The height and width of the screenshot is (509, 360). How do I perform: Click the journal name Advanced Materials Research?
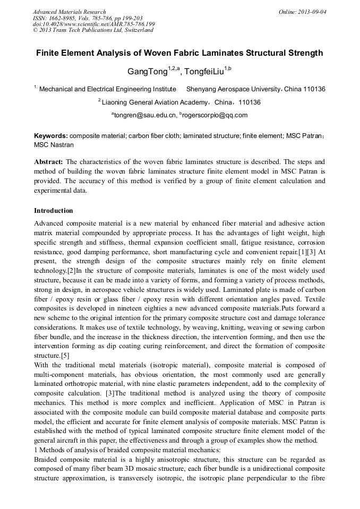coord(69,12)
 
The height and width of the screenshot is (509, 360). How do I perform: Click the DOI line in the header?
coord(93,24)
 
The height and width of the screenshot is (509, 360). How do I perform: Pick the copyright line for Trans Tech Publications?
coord(93,30)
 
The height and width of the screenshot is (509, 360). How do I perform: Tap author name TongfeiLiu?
coord(204,71)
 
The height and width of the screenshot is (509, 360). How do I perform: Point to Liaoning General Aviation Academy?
coord(149,102)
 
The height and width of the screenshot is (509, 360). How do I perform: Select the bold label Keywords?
coord(51,136)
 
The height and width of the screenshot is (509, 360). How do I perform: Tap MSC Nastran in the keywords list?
coord(54,144)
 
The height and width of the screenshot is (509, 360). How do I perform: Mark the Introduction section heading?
coord(54,211)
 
